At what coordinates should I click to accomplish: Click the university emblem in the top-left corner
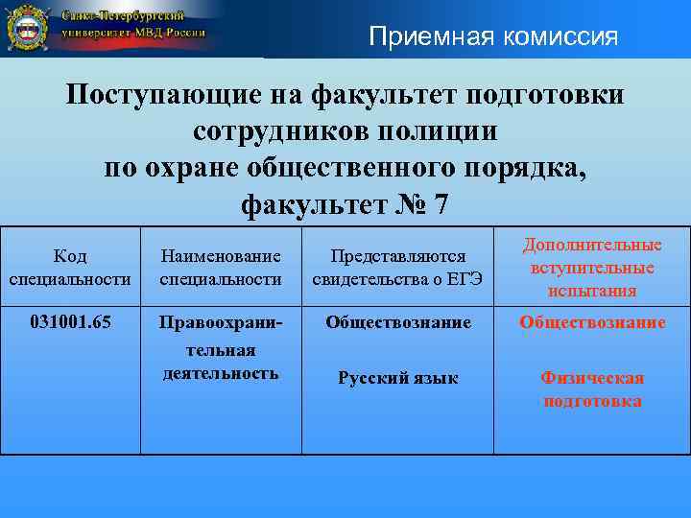pos(29,28)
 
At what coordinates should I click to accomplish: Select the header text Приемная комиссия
pos(494,37)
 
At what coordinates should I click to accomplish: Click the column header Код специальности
pos(70,268)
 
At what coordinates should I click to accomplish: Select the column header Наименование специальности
pos(221,268)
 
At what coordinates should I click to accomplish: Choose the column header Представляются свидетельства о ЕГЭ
pos(397,268)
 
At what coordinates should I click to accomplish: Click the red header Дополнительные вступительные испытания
pos(592,268)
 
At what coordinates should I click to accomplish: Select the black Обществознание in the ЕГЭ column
pos(397,322)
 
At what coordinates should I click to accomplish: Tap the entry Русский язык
pos(397,378)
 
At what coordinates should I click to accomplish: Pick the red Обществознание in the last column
pos(592,322)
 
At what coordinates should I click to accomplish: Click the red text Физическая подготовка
pos(592,389)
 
